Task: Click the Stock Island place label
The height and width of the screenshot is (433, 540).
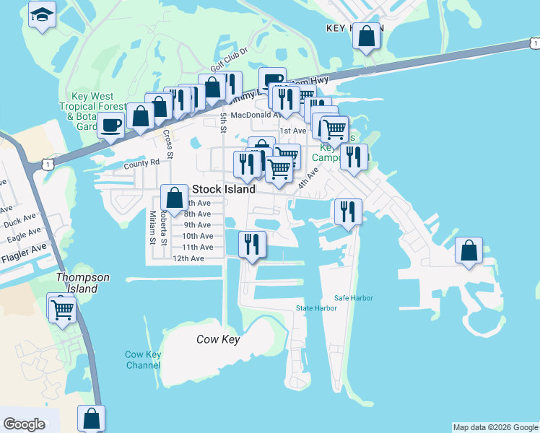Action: pyautogui.click(x=224, y=189)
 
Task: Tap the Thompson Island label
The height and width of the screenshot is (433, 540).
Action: pyautogui.click(x=84, y=283)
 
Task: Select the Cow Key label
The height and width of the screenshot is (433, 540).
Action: pyautogui.click(x=218, y=339)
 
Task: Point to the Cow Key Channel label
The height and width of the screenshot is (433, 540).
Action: pyautogui.click(x=143, y=359)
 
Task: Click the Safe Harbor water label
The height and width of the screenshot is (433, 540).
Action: pyautogui.click(x=352, y=298)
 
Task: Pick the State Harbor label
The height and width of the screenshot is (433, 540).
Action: pyautogui.click(x=316, y=308)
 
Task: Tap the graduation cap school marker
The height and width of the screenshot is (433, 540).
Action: pyautogui.click(x=42, y=14)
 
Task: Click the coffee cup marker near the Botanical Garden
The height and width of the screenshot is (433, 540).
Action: pyautogui.click(x=111, y=124)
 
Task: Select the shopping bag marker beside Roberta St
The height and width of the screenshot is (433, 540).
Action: pyautogui.click(x=174, y=197)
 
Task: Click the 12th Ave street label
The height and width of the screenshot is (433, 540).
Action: pyautogui.click(x=188, y=258)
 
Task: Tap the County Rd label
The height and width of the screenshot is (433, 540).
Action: pyautogui.click(x=140, y=164)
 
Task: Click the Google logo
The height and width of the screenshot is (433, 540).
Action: pyautogui.click(x=24, y=424)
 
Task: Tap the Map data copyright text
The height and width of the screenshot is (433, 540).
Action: pyautogui.click(x=495, y=427)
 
